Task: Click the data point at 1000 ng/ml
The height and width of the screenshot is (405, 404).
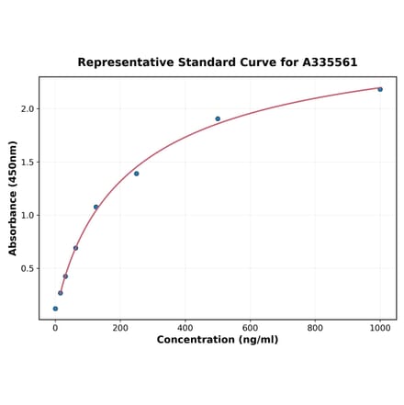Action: click(x=380, y=89)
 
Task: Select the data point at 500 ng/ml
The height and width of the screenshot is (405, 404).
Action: click(x=218, y=118)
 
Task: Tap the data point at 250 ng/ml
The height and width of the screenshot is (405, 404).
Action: click(x=136, y=174)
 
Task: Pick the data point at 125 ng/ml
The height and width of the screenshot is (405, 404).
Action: click(x=95, y=208)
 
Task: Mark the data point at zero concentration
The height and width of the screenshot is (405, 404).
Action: click(x=55, y=309)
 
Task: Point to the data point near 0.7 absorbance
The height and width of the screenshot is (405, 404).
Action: click(x=75, y=248)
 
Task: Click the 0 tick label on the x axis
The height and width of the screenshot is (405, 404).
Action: click(x=55, y=328)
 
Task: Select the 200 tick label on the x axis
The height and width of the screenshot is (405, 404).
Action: click(x=120, y=328)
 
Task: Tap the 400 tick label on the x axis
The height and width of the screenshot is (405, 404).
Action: click(x=185, y=328)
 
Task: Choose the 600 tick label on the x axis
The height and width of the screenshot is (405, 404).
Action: click(x=250, y=328)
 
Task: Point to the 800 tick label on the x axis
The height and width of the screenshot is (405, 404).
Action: click(x=315, y=328)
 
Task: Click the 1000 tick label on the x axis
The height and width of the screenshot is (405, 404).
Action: click(x=380, y=328)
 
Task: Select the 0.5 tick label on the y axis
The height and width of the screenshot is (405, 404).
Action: click(x=28, y=269)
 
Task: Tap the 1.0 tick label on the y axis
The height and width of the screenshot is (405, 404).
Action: click(x=28, y=216)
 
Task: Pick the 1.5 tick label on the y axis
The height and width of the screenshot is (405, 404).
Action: click(x=28, y=163)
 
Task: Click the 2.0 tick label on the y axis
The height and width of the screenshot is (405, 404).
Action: click(x=28, y=109)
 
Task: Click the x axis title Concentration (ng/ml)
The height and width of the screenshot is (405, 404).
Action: click(x=218, y=340)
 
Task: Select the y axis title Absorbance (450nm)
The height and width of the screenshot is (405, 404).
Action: click(x=13, y=198)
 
